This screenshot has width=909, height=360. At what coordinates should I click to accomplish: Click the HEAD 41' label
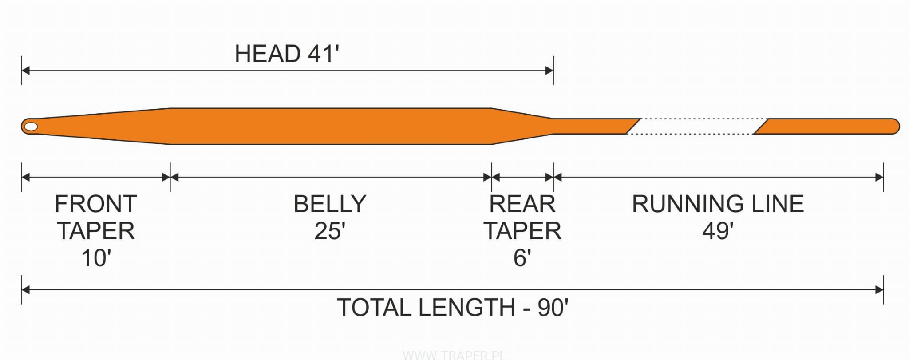point(287,54)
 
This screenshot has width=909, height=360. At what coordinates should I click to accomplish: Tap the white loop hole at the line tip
point(31,127)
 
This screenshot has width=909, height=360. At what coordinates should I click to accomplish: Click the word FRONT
point(95,204)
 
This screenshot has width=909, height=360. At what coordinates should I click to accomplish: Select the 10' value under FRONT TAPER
point(96,258)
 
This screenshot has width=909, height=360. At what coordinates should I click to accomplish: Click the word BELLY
point(330,204)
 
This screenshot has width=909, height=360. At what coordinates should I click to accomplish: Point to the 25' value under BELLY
point(330,231)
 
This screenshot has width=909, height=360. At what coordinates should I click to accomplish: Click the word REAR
point(522,204)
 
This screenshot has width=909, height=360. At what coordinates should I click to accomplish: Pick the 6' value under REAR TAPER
point(522,258)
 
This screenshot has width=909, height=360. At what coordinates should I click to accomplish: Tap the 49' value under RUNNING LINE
point(718,231)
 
